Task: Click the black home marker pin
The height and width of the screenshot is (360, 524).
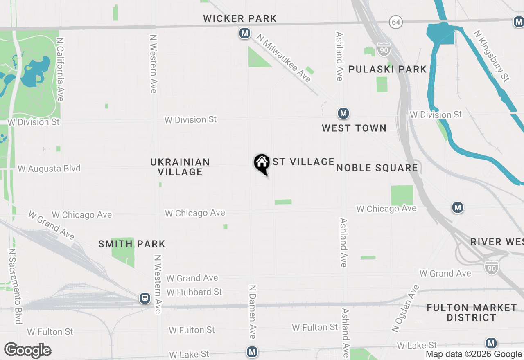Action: click(262, 164)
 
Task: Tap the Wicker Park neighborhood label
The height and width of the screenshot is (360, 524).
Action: click(240, 18)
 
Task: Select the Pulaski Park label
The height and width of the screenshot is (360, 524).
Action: click(387, 69)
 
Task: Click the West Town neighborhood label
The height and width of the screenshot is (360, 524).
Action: click(354, 128)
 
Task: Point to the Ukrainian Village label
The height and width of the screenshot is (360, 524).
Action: click(180, 167)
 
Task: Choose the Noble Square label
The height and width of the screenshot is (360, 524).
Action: click(377, 168)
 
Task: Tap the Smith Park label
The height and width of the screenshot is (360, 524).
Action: click(132, 244)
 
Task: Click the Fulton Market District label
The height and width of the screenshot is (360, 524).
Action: click(472, 313)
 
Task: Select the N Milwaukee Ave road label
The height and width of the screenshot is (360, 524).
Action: click(284, 58)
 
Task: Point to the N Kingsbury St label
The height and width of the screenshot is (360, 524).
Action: click(491, 56)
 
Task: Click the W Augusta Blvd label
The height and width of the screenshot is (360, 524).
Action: click(49, 169)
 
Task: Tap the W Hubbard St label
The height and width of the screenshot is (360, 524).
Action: click(194, 292)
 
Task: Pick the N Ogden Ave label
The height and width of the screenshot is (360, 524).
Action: click(405, 308)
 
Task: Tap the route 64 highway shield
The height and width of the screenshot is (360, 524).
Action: click(396, 22)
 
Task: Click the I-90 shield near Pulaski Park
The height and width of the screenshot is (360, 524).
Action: click(384, 49)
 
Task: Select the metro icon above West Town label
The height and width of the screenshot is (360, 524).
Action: click(343, 113)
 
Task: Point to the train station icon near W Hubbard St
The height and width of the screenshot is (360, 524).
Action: click(145, 298)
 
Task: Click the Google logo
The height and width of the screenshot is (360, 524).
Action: click(28, 351)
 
